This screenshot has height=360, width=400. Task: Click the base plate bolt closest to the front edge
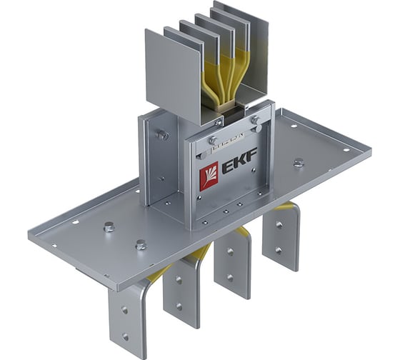tap(141, 244)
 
